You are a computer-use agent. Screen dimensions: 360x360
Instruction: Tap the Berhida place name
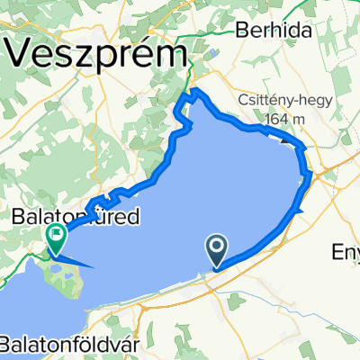pos(266,30)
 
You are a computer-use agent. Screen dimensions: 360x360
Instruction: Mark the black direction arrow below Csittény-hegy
pos(286,139)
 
